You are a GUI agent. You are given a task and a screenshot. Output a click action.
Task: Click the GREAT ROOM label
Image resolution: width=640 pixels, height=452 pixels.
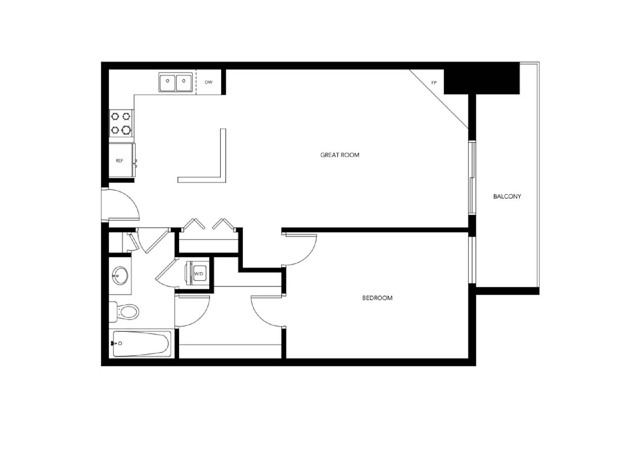[340, 155]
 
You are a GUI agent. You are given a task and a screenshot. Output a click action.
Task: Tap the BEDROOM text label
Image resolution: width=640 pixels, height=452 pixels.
[377, 298]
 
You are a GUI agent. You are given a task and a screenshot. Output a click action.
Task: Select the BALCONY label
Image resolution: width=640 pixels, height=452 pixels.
[507, 196]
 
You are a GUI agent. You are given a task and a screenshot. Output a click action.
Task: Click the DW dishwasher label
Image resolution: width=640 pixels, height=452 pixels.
[208, 82]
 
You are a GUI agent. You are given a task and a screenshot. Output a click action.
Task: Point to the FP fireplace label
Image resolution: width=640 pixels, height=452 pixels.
[434, 83]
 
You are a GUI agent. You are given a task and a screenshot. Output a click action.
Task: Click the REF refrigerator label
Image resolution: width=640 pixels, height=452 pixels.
[119, 161]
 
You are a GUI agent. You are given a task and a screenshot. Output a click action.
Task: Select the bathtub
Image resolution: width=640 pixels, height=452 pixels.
[142, 343]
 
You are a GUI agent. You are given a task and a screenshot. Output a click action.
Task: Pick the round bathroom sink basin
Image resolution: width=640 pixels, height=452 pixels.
[120, 275]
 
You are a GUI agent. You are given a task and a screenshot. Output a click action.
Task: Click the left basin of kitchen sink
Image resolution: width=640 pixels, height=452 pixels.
[168, 82]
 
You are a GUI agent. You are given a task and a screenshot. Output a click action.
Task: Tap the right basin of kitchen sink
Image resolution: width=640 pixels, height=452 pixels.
[184, 82]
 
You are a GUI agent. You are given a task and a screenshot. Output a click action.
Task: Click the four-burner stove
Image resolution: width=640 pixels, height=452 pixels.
[121, 123]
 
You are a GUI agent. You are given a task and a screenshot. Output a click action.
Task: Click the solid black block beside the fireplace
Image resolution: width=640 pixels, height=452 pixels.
[482, 82]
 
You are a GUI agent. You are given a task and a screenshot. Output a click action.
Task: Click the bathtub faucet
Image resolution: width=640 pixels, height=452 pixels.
[114, 343]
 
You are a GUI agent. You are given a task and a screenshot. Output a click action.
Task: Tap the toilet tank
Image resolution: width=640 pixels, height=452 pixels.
[113, 312]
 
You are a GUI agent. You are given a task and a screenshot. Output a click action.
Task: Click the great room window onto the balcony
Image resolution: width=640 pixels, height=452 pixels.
[472, 178]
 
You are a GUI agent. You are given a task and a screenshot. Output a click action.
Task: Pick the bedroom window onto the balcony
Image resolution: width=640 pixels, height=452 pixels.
[472, 260]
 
